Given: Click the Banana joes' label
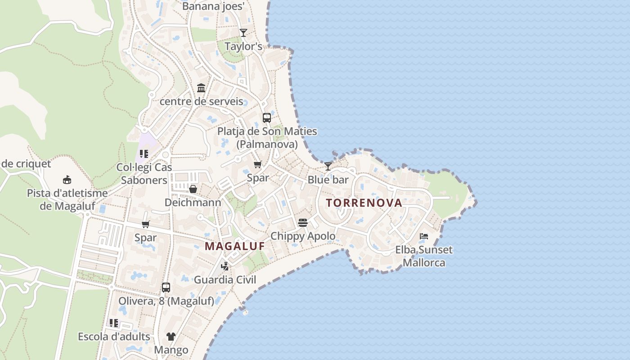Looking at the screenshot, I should (x=213, y=6).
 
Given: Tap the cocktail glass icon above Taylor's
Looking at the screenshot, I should (x=243, y=32).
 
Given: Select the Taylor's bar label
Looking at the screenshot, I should (x=243, y=46).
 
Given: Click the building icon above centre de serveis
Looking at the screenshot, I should (x=201, y=88).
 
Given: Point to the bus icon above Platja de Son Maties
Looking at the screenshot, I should (x=267, y=118).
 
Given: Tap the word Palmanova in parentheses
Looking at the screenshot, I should (x=267, y=144).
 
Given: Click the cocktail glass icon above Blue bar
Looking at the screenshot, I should (x=328, y=166).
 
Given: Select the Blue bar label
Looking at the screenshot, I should (x=328, y=180).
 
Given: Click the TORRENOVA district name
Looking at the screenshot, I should (x=364, y=203).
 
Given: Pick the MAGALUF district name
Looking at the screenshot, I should (x=234, y=247).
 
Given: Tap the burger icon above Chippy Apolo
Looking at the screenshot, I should (x=302, y=222).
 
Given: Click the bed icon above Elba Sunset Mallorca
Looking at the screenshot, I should (x=423, y=236).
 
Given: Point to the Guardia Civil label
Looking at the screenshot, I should (x=225, y=280).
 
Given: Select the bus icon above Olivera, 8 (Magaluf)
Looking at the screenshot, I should (x=166, y=287).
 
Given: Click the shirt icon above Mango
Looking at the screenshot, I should (x=171, y=336).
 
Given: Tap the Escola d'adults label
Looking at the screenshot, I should (x=114, y=337).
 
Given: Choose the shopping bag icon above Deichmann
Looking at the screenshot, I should (x=193, y=189).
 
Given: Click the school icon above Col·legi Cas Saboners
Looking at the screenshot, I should (x=144, y=154).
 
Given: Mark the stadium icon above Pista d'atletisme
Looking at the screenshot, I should (x=67, y=180).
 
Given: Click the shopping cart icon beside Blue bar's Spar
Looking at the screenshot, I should (x=258, y=164).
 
